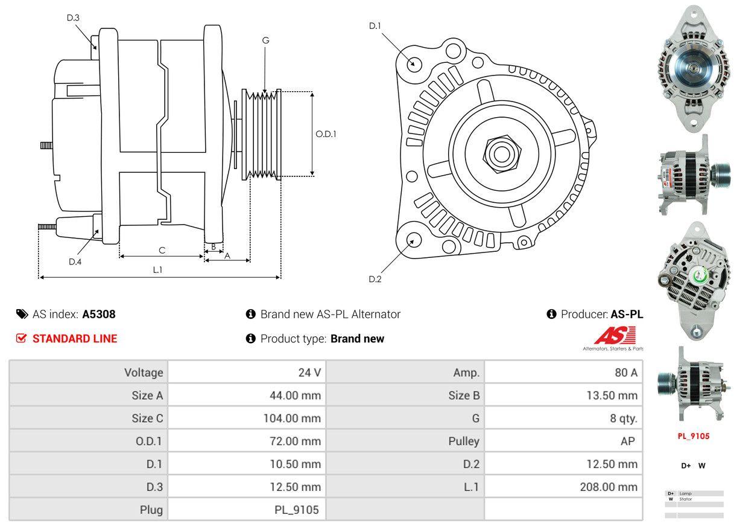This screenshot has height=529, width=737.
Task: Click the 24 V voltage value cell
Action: pos(309,373)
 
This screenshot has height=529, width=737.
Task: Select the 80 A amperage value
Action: pos(625,373)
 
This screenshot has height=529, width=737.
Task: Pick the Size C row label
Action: pos(147,418)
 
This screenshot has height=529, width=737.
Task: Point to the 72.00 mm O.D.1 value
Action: pos(295,441)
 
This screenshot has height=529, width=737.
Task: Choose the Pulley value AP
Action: pos(627,441)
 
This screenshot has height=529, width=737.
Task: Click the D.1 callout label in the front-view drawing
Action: pos(375,26)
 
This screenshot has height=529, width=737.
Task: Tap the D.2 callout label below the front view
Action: pos(375,279)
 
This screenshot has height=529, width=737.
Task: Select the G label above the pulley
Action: pos(265,40)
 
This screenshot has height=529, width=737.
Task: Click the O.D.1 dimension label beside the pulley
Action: pos(326,134)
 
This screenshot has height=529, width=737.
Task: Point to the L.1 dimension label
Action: pos(157,270)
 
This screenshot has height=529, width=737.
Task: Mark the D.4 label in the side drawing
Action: pos(75,261)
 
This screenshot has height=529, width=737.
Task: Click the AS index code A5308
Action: pos(99,314)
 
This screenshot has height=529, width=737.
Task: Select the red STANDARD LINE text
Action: pos(75,339)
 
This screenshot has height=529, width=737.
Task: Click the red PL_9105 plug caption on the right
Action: pos(693,436)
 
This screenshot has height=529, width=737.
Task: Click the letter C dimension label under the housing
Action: pos(162,250)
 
